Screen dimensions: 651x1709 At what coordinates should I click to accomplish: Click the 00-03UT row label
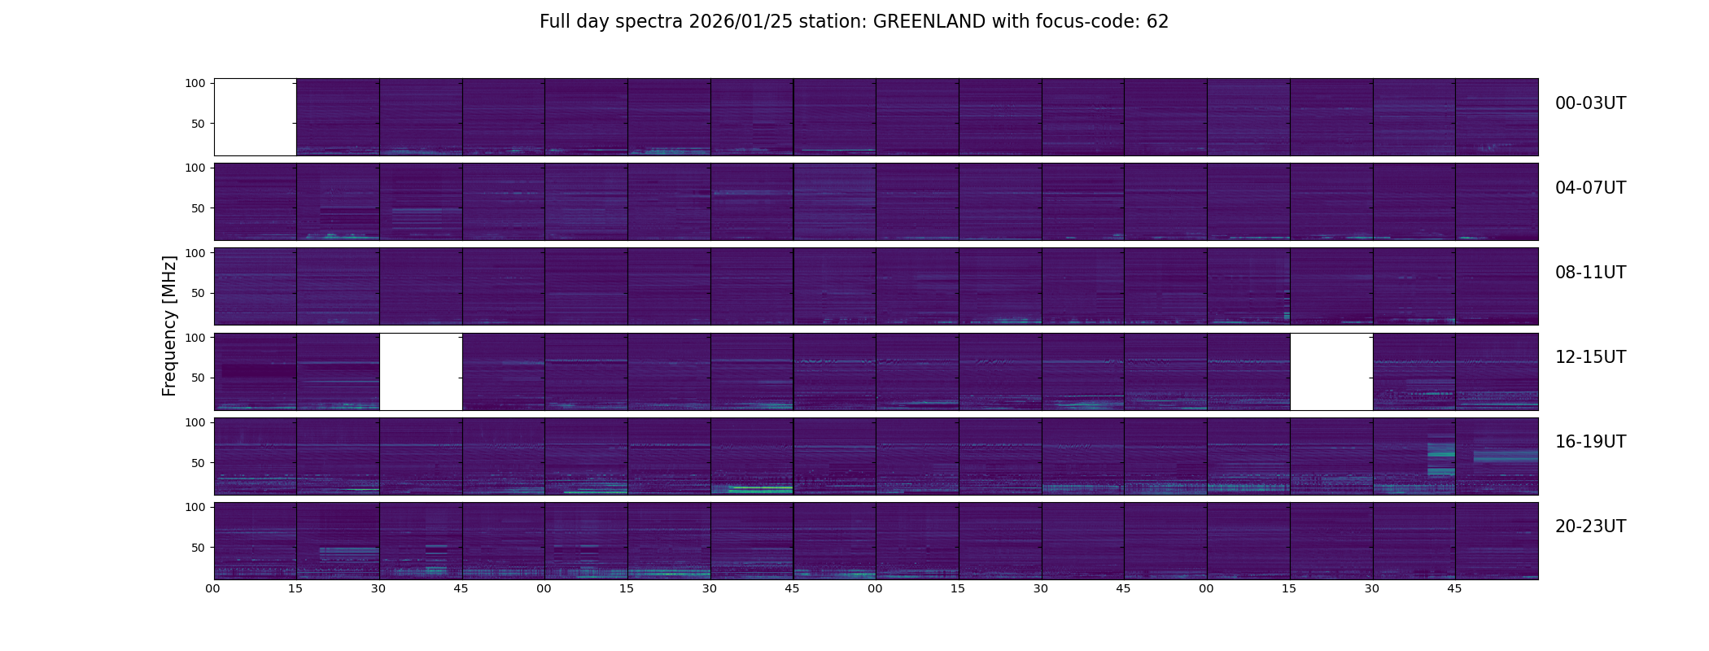coord(1590,103)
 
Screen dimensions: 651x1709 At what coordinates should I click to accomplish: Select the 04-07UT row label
coord(1590,188)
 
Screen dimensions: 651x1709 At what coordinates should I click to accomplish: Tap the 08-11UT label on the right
coord(1590,273)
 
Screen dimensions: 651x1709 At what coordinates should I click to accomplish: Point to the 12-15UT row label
coord(1590,357)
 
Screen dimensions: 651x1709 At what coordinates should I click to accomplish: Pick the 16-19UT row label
coord(1590,442)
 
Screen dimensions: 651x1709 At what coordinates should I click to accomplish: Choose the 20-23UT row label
coord(1590,526)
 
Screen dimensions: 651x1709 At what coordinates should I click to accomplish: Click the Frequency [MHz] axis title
coord(169,325)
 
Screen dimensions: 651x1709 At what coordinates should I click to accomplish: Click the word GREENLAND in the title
coord(929,22)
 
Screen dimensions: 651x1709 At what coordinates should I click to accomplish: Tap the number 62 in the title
coord(1157,22)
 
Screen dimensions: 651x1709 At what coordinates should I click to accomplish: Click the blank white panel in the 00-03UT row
coord(255,117)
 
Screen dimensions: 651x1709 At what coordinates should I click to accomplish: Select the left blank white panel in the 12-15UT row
coord(421,371)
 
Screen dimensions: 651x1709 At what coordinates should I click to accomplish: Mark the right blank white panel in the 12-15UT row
coord(1331,371)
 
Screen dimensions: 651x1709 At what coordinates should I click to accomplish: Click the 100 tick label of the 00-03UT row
coord(195,83)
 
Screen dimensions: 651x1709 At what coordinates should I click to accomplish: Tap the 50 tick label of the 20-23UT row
coord(198,548)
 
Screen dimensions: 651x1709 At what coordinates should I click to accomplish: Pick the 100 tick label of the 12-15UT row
coord(195,337)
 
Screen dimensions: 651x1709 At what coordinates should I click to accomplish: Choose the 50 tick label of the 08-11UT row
coord(198,293)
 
